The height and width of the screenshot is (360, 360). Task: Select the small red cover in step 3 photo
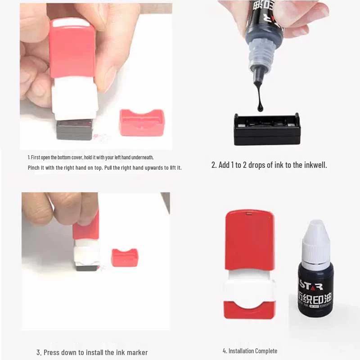coord(125,257)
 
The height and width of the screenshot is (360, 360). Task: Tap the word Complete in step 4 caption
coord(265,351)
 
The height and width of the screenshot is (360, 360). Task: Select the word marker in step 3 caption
coord(137,352)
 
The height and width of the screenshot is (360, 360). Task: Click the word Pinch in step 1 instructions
coord(34,168)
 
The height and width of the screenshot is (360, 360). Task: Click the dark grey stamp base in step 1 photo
coord(75,129)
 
